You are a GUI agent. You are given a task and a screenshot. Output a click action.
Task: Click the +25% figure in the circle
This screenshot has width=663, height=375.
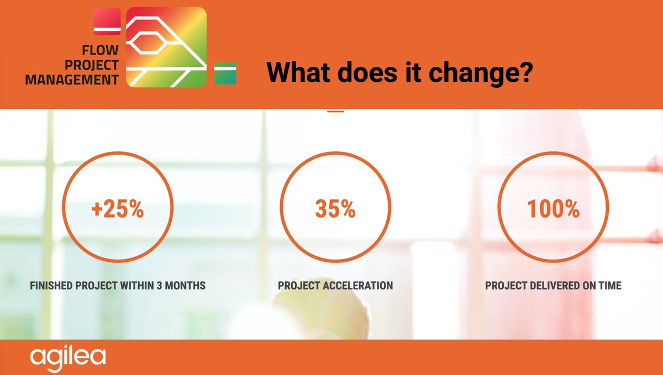117,209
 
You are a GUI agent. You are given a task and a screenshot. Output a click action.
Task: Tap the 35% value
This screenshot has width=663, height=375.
335,209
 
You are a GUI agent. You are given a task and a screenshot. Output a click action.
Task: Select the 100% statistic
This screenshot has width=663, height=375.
553,209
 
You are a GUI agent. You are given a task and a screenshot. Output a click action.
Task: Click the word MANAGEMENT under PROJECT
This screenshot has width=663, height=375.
72,80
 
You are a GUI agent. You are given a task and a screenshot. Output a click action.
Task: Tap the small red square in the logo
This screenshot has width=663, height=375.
107,22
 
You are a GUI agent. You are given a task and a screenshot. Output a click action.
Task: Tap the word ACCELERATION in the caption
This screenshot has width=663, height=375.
360,286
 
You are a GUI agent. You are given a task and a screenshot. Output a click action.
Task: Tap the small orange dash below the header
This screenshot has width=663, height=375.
335,112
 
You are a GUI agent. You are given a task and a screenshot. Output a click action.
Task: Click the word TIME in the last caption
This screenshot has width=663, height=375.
609,286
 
